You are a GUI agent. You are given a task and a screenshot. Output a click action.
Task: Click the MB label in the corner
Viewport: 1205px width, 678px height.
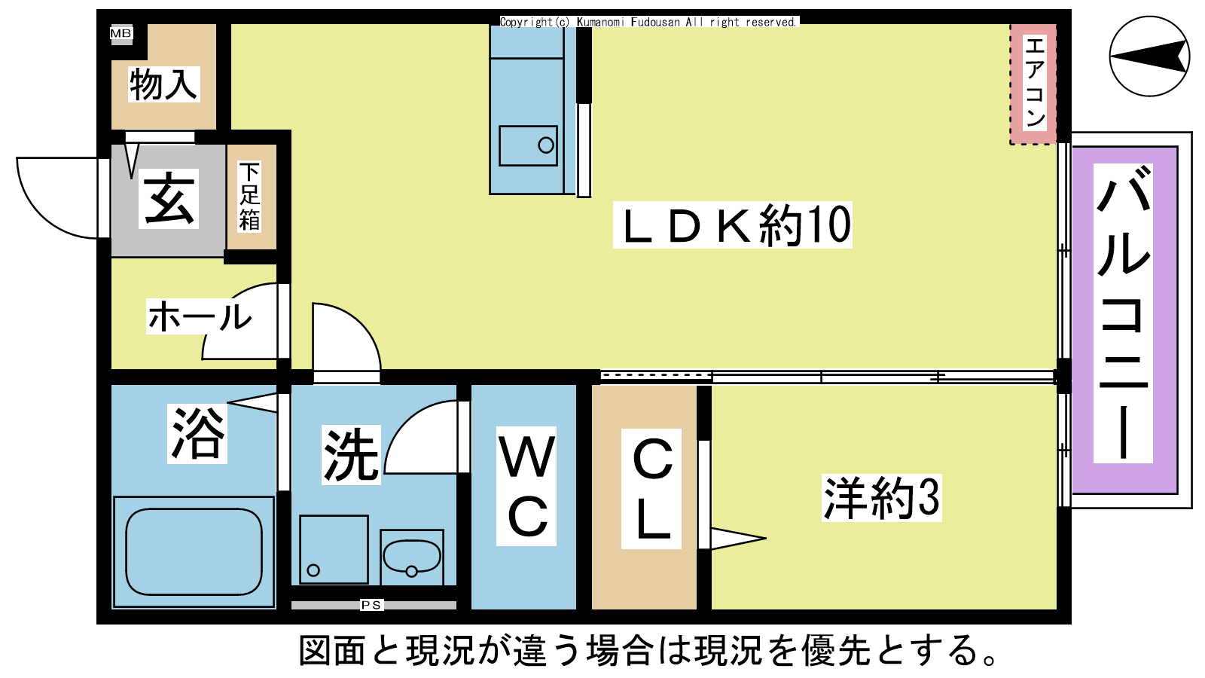point(120,33)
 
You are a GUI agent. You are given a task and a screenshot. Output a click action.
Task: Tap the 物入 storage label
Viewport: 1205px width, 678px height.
point(163,84)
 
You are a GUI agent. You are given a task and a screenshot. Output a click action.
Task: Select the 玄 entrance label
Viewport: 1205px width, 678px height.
point(169,199)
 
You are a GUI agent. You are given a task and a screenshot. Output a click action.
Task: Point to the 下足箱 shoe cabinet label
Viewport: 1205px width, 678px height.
point(249,197)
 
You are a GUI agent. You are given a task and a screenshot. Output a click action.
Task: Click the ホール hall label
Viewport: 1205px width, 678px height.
point(200,316)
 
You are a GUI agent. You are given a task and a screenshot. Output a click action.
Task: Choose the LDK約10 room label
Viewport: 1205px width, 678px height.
point(733,225)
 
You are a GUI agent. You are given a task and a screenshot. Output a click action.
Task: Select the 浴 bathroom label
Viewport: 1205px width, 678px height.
point(197,433)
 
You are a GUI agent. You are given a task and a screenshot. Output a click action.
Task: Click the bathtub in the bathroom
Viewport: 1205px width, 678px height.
point(194,552)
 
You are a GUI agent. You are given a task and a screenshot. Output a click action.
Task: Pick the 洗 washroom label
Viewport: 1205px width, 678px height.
point(351,455)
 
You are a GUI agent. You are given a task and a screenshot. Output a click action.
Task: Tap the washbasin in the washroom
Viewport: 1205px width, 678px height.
point(411,557)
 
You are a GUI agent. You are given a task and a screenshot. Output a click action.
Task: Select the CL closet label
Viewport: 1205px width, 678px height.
point(651,489)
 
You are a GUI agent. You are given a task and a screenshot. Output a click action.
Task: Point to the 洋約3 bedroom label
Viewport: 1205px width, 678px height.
point(882,498)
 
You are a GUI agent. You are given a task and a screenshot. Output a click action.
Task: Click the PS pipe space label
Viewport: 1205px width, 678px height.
point(371,605)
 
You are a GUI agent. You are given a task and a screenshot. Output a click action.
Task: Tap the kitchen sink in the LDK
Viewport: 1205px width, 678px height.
point(528,145)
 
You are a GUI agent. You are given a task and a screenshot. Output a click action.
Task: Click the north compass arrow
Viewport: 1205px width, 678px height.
point(1149,56)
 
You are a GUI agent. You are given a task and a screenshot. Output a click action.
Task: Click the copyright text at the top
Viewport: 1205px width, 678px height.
point(648,22)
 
